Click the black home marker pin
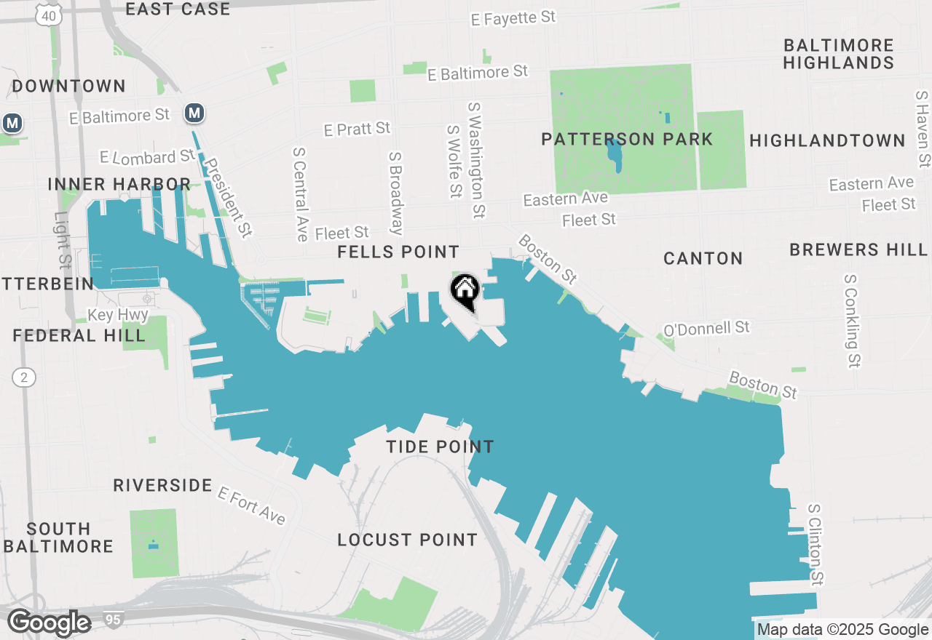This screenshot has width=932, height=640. tap(465, 291)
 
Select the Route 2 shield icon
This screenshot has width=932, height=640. tap(24, 377)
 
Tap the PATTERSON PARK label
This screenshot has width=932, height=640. tap(626, 139)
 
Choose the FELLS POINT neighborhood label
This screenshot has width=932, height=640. tap(398, 252)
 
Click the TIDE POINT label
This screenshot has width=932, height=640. tap(440, 447)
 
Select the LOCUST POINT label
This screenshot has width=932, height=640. tap(407, 540)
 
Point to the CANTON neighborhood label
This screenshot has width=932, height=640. tap(703, 258)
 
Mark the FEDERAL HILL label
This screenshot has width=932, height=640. tap(79, 335)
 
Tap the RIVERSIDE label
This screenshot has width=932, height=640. tap(162, 485)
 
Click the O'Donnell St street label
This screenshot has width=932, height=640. tap(706, 329)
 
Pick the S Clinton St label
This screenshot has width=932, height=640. tap(817, 545)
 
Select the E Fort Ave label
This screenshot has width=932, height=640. tap(251, 505)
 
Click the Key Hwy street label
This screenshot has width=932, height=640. tap(118, 316)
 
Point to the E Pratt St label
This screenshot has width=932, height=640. tap(357, 129)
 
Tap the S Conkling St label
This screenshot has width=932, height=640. tap(852, 320)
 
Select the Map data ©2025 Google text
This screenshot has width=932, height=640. tap(842, 630)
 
